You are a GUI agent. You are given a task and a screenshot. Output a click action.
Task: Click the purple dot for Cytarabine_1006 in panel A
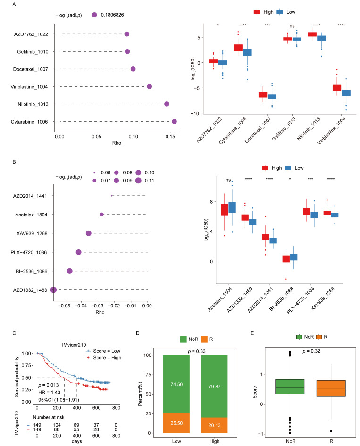(174, 122)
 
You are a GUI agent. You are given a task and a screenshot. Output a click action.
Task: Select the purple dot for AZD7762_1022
(126, 34)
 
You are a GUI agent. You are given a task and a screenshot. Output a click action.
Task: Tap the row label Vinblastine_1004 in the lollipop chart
(29, 87)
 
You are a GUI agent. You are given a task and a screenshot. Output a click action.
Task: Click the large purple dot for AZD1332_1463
(53, 290)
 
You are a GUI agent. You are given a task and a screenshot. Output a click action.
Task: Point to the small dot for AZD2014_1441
(111, 196)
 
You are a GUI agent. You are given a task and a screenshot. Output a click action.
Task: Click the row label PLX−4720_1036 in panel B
(29, 252)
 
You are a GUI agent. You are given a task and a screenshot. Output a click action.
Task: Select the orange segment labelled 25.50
(176, 423)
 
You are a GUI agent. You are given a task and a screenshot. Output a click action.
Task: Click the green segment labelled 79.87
(214, 386)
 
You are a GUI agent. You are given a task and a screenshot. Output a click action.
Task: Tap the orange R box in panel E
(331, 388)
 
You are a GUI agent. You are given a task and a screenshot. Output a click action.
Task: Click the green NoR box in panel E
(290, 386)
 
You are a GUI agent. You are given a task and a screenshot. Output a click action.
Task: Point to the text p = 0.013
(49, 385)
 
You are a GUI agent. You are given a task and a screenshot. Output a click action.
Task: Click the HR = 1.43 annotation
(49, 393)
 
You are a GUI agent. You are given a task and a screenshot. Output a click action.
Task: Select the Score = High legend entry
(104, 358)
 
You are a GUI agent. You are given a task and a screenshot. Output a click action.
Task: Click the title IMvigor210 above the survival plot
(74, 345)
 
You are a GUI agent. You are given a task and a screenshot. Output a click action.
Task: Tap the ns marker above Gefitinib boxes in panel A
(292, 26)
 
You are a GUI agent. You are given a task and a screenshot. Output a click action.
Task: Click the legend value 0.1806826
(112, 15)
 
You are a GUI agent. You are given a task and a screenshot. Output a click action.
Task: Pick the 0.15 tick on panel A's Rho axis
(170, 137)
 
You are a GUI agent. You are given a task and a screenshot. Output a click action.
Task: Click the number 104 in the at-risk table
(57, 425)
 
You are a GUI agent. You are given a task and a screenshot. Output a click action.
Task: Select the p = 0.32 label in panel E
(311, 351)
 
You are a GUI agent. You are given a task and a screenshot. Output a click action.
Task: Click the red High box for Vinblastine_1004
(337, 88)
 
